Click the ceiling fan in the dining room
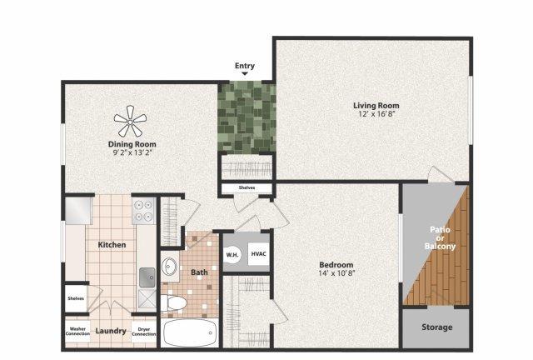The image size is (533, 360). (130, 122)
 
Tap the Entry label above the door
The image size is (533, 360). (245, 66)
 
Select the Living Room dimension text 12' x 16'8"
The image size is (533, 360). (376, 114)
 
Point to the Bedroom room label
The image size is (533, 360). (336, 264)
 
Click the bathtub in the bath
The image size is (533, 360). (189, 333)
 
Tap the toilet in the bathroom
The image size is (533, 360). (174, 302)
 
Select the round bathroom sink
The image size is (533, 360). (169, 265)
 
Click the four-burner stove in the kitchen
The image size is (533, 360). (143, 211)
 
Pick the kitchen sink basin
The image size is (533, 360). (147, 277)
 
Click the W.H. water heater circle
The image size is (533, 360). (232, 254)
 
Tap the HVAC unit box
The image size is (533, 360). (258, 254)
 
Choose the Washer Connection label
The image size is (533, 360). (77, 331)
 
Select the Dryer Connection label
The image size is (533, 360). (144, 332)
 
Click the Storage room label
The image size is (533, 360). (436, 327)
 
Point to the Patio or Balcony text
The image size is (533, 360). (440, 237)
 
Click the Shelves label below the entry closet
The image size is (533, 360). (247, 187)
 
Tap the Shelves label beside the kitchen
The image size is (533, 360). (76, 298)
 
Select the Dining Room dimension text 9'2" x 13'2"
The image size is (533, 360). (132, 152)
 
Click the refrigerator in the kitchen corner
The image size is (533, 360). (79, 210)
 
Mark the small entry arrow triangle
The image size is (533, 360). (245, 73)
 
